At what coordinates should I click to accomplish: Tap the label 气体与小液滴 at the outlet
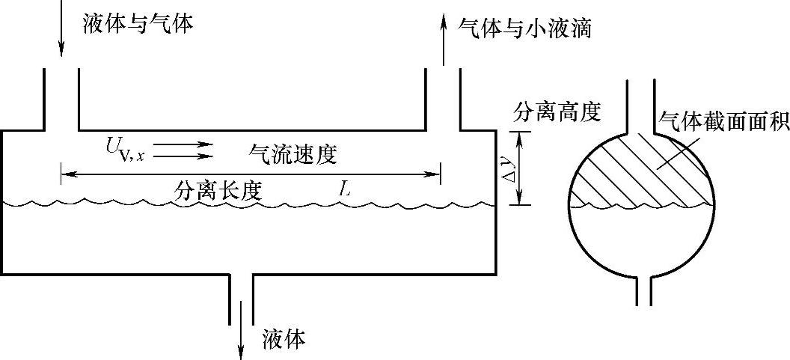(527, 28)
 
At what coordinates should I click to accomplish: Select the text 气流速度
(293, 154)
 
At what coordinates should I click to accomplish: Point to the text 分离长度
(218, 192)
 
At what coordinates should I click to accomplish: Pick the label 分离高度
(557, 112)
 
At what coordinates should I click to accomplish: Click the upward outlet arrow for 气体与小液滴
(442, 41)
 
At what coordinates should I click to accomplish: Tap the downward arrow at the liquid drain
(241, 337)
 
